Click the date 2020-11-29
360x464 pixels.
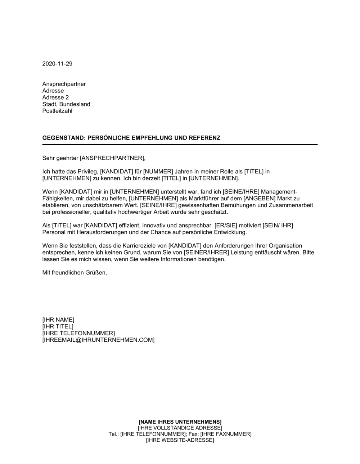tap(57, 64)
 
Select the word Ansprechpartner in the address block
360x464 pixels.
tap(64, 84)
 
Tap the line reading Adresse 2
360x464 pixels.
tap(55, 97)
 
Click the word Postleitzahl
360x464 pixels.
tap(57, 111)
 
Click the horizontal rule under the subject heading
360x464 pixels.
tap(180, 144)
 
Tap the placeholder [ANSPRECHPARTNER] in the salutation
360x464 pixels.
tap(112, 158)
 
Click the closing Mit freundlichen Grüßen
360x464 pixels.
tap(75, 273)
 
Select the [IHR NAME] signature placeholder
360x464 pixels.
tap(58, 319)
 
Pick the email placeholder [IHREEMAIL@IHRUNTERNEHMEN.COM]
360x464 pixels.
tap(98, 340)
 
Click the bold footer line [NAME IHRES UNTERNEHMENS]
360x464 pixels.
tap(180, 422)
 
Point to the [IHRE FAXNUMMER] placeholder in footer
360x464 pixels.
tap(225, 434)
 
